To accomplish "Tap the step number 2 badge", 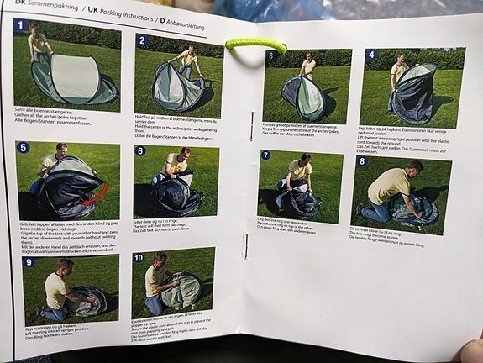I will point(142,40).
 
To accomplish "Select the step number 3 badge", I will point(270,56).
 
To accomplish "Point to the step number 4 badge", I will point(371,55).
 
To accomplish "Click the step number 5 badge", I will point(24,147).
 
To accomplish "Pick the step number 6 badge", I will point(140,151).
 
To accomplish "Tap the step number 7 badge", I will point(265,155).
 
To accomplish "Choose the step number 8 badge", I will point(362,160).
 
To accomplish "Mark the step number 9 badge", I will point(29,261).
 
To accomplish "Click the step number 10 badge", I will point(138,256).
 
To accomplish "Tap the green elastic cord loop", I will point(256,44).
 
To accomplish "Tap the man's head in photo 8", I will point(415,167).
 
